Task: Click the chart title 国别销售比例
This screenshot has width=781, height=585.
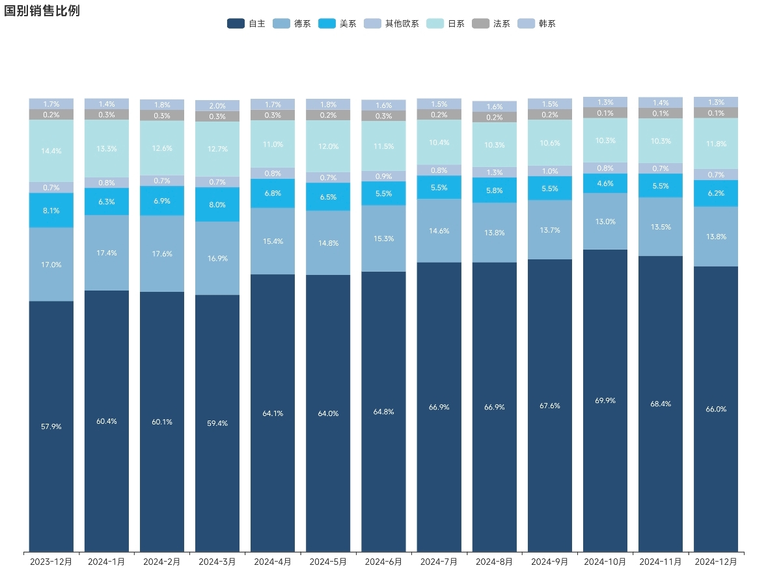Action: (42, 11)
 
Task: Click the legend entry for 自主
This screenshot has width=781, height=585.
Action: (246, 23)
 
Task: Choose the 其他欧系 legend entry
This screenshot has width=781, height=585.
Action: (391, 23)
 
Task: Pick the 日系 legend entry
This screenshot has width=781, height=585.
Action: (445, 23)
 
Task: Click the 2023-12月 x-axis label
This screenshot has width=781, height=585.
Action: (51, 561)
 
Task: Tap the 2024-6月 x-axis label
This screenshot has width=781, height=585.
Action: (383, 561)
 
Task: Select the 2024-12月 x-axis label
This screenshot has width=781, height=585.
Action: (716, 561)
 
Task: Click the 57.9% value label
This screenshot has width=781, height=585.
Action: (51, 426)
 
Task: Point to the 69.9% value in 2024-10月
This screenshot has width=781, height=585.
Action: (605, 400)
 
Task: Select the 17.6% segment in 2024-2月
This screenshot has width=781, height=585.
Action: (162, 253)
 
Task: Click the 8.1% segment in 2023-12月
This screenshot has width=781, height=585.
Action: (51, 210)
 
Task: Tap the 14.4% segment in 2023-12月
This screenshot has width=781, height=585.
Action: (51, 151)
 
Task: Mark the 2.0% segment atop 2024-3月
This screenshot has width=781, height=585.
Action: (217, 106)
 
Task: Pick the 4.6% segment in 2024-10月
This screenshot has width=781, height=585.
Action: (605, 183)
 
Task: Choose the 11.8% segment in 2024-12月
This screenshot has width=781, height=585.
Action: (716, 144)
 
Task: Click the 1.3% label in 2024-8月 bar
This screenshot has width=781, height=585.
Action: (495, 172)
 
